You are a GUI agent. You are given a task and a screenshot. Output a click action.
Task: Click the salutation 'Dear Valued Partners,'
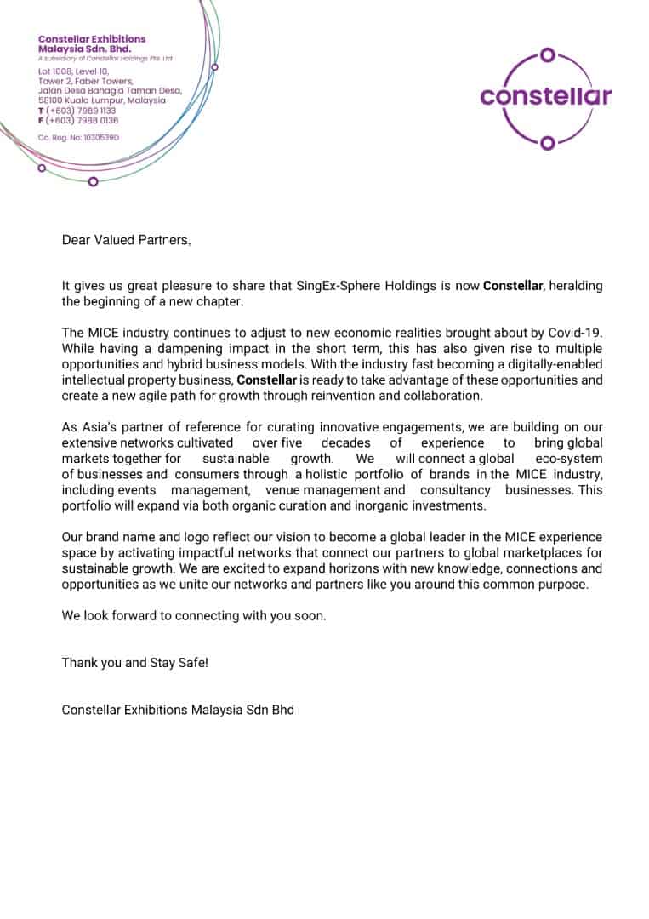pos(126,240)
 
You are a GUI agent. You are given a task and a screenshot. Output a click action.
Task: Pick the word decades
pos(345,442)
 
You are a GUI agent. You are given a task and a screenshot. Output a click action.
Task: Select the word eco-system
pos(570,458)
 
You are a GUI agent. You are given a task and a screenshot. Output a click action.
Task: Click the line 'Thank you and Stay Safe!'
pos(134,662)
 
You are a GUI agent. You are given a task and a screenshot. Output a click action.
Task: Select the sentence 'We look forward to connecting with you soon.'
pos(193,615)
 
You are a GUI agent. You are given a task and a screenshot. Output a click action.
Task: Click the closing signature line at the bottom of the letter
pos(178,709)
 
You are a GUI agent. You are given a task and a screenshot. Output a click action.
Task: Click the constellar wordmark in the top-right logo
pos(545,95)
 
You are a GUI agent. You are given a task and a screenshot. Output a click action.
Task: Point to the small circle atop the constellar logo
pos(548,55)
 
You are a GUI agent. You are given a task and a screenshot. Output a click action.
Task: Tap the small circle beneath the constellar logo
pos(548,141)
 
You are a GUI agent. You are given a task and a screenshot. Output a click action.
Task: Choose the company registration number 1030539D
pos(79,136)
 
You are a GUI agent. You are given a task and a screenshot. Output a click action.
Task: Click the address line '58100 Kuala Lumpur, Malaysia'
pos(102,100)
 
